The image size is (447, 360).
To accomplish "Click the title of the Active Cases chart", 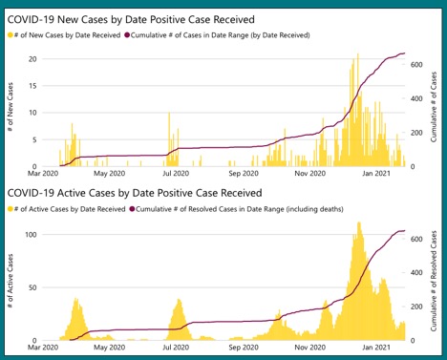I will tap(135, 192).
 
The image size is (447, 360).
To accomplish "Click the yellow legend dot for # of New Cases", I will tap(11, 35).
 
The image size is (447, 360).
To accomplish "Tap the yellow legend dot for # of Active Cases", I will tap(11, 208).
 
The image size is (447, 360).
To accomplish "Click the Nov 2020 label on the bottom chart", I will tap(311, 349).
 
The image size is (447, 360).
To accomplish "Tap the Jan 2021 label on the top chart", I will tap(382, 175).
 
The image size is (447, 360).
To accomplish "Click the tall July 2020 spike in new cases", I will tap(169, 115).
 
